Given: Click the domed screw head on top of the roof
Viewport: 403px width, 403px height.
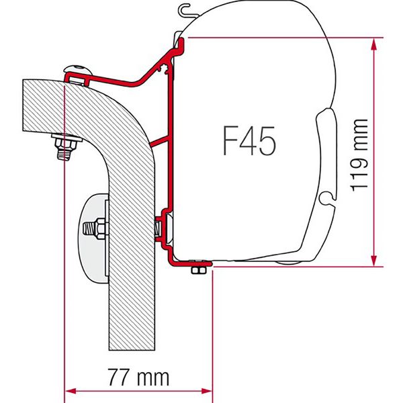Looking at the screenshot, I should coord(79,72).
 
